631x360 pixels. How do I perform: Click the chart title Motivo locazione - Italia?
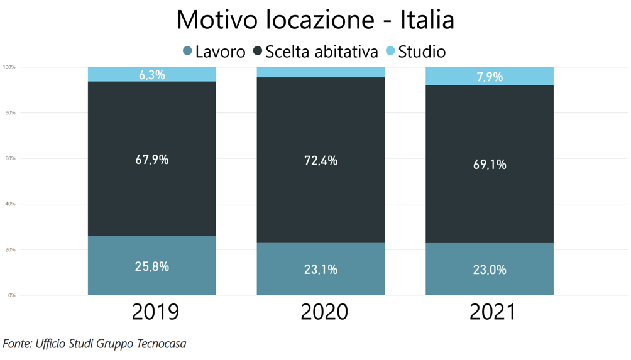[x=315, y=19]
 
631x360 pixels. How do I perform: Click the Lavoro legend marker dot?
[x=187, y=51]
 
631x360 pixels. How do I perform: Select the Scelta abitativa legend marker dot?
[x=258, y=51]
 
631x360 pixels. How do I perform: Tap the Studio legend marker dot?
[x=390, y=51]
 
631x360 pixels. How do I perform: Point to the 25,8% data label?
[x=152, y=266]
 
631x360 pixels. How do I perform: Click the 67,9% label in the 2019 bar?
[x=152, y=160]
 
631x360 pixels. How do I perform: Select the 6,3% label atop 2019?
[x=152, y=75]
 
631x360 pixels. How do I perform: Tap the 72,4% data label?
[x=321, y=161]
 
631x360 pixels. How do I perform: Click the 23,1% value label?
[x=321, y=270]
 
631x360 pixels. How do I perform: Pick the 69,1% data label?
[x=490, y=165]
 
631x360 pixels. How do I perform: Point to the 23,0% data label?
[x=490, y=270]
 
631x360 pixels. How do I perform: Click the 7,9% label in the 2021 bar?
[x=490, y=77]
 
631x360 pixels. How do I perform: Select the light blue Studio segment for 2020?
[x=321, y=72]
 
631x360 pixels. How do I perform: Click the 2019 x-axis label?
[x=155, y=312]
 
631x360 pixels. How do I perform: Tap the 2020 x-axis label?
[x=324, y=312]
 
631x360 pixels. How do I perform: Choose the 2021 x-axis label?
[x=493, y=312]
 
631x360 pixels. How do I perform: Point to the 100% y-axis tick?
[x=9, y=67]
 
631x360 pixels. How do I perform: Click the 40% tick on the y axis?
[x=11, y=204]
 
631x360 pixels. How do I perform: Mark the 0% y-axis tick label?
[x=12, y=295]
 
